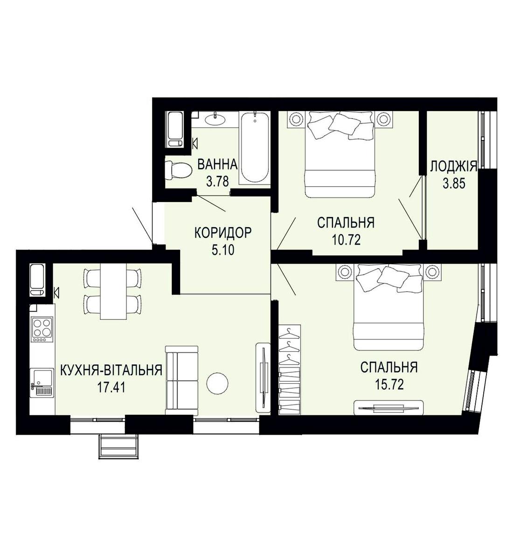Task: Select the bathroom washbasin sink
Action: pyautogui.click(x=215, y=119)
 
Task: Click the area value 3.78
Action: pyautogui.click(x=217, y=182)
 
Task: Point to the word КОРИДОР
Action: pyautogui.click(x=222, y=233)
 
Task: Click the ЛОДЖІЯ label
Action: pyautogui.click(x=454, y=167)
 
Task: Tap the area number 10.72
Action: pyautogui.click(x=346, y=240)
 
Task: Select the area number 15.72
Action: pyautogui.click(x=389, y=385)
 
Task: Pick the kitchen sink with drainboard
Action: pyautogui.click(x=42, y=383)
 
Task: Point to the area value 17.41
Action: pyautogui.click(x=111, y=387)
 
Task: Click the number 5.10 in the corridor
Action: pyautogui.click(x=222, y=251)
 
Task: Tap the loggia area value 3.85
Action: pyautogui.click(x=454, y=184)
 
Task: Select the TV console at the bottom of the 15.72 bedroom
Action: pyautogui.click(x=389, y=408)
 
